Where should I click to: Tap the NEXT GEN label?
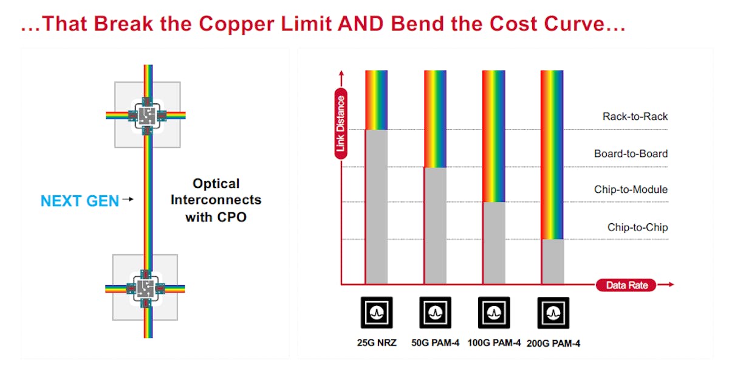tap(80, 201)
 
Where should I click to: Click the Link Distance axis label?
tap(341, 123)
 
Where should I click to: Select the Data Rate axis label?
tap(626, 285)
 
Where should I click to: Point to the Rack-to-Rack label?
tap(635, 116)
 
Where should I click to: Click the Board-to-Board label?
tap(631, 154)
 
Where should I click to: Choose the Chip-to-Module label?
tap(631, 189)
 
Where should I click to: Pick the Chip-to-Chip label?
tap(637, 227)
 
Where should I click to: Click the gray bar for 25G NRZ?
tap(376, 207)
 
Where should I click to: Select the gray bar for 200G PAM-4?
tap(552, 262)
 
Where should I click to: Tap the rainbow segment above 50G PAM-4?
tap(435, 119)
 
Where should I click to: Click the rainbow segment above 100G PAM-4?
tap(493, 136)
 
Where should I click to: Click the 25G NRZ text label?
tap(377, 342)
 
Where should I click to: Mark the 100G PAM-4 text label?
tap(494, 342)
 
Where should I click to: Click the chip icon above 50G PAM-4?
tap(435, 313)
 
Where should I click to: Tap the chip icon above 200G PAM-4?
tap(553, 313)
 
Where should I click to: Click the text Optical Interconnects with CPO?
tap(216, 200)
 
